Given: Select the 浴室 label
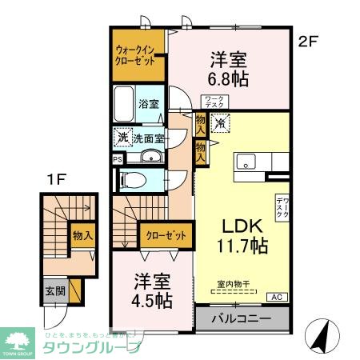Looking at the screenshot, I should click(x=148, y=104).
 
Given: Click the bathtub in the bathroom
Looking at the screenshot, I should click(x=124, y=103).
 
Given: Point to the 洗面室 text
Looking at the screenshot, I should click(x=148, y=138).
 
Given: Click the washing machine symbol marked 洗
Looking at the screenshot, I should click(x=122, y=137).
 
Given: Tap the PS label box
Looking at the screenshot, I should click(x=118, y=158).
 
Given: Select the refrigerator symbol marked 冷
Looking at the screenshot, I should click(x=221, y=123).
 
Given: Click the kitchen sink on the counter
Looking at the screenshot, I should click(x=246, y=158).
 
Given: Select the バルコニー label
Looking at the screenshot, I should click(x=241, y=320).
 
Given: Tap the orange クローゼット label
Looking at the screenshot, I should click(x=166, y=236).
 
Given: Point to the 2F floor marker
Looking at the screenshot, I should click(x=309, y=40).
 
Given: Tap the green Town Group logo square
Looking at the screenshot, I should click(x=18, y=340).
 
